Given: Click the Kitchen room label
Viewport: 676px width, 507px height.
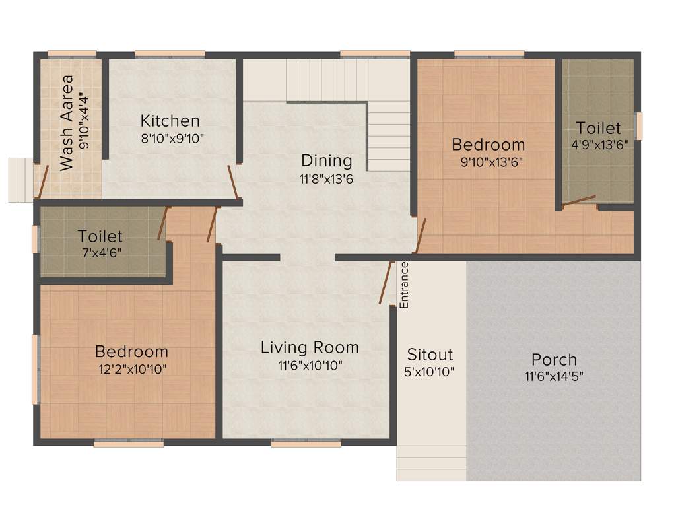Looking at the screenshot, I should coord(170,121).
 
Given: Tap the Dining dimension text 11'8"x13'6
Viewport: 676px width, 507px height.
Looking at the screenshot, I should coord(327,178).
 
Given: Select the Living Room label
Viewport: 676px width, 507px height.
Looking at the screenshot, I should coord(310,347).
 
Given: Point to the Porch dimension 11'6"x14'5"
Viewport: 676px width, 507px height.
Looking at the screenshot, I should coord(554,377).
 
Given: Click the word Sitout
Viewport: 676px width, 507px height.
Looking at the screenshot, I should coord(430,354).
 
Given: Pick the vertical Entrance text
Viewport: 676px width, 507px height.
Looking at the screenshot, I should coord(405,285).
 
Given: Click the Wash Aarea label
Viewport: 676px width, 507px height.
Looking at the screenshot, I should coord(67,123).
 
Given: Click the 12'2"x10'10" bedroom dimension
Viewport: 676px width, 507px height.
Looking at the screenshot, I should coord(131,369).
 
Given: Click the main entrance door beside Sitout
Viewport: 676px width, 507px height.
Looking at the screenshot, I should coord(386,283).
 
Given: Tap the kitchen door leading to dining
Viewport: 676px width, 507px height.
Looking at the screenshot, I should coord(232,182).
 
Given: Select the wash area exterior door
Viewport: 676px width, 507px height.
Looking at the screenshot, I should coord(42,182).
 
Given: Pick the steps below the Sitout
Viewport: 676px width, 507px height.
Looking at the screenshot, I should coord(432,462).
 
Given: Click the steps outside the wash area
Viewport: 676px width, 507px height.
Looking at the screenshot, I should coord(21,180).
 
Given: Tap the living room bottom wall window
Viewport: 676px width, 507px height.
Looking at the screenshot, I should coord(296,444).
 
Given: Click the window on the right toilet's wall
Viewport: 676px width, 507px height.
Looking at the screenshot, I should coord(638,125).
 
